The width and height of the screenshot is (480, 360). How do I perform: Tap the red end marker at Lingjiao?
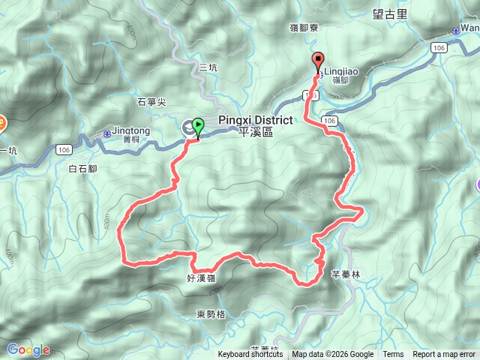click(317, 62)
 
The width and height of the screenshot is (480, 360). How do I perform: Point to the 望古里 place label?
click(388, 13)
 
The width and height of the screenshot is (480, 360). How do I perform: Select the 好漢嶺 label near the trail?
click(201, 278)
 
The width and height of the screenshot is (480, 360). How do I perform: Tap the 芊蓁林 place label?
click(346, 274)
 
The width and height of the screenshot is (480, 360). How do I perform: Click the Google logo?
click(28, 349)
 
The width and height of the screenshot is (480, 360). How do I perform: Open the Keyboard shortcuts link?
click(250, 355)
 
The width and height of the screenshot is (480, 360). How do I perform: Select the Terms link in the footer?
click(393, 355)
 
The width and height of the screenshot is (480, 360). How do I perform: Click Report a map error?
click(445, 355)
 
